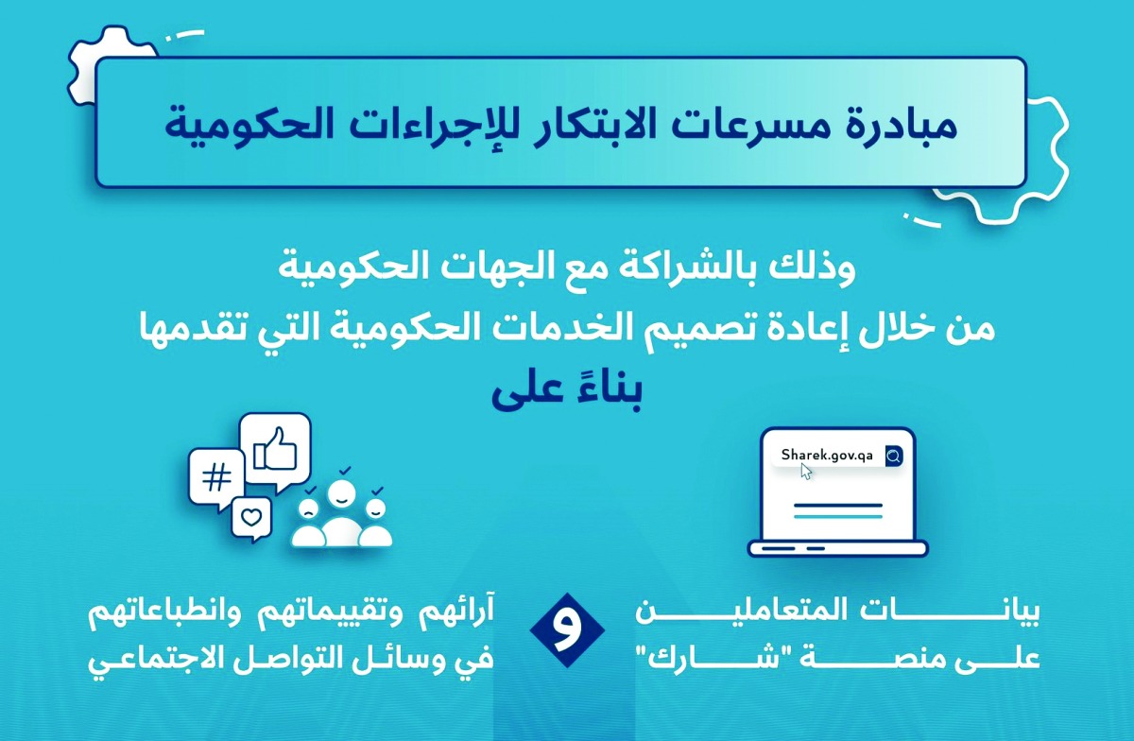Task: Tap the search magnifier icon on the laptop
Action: tap(893, 457)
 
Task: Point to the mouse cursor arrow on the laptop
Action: tap(806, 471)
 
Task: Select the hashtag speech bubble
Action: tap(217, 477)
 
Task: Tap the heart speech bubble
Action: tap(250, 517)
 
